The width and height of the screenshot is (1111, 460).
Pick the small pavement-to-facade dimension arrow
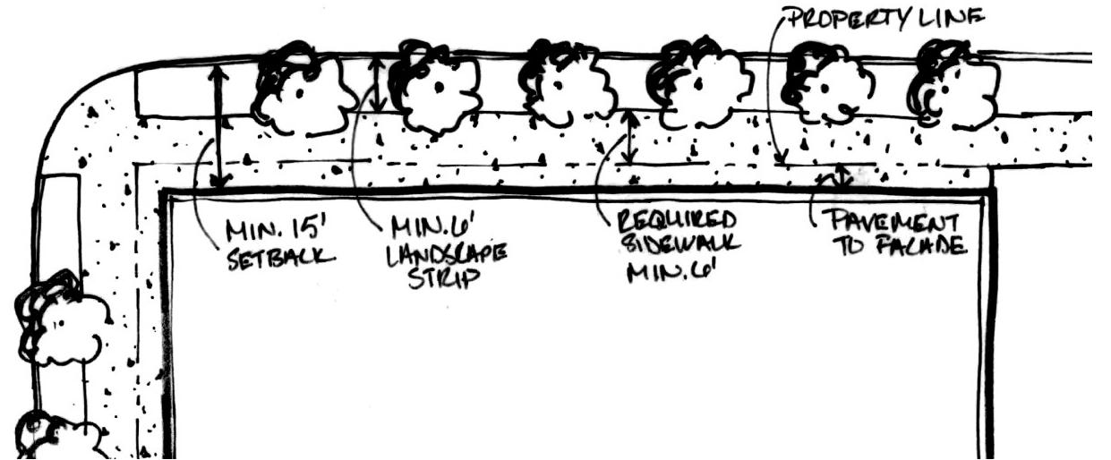coord(841,175)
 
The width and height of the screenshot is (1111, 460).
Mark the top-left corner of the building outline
coord(165,192)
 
